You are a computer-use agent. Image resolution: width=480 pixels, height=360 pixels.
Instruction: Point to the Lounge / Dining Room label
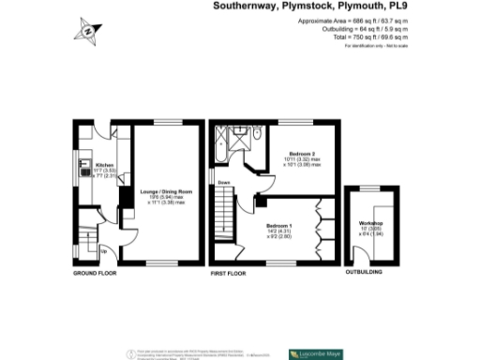point(165,191)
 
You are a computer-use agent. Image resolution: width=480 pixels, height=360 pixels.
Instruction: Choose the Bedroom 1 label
point(279,226)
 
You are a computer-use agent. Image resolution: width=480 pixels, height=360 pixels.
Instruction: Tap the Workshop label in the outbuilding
point(372,222)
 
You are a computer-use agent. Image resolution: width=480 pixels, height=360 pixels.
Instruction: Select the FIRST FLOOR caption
point(229,274)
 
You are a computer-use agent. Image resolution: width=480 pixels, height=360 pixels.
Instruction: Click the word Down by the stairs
point(224,182)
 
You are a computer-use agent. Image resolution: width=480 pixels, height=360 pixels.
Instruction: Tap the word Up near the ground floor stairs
point(102,251)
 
